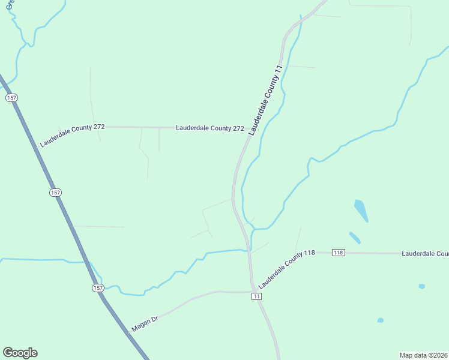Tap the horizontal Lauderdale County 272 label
point(210,128)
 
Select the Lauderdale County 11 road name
point(265,101)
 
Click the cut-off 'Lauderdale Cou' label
point(424,254)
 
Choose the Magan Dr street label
point(144,325)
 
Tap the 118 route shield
point(338,253)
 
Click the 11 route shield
point(256,296)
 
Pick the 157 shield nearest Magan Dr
point(98,288)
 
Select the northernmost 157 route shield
point(11,97)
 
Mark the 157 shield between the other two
point(55,192)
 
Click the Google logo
point(20,353)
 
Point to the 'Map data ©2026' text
point(423,355)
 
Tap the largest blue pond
point(361,210)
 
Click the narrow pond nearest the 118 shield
point(355,238)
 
